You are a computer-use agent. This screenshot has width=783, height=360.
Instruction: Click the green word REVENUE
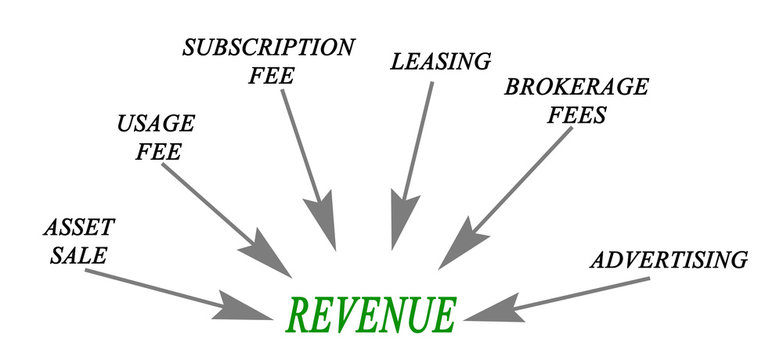pyautogui.click(x=370, y=315)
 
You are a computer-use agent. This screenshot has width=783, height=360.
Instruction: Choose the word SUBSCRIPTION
pyautogui.click(x=268, y=47)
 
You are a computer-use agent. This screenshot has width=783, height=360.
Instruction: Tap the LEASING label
pyautogui.click(x=441, y=61)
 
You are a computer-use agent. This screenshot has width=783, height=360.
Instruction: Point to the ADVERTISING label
pyautogui.click(x=669, y=261)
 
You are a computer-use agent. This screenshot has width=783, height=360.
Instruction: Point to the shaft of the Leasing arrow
pyautogui.click(x=419, y=140)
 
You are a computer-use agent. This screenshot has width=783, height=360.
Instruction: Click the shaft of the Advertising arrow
pyautogui.click(x=580, y=289)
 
